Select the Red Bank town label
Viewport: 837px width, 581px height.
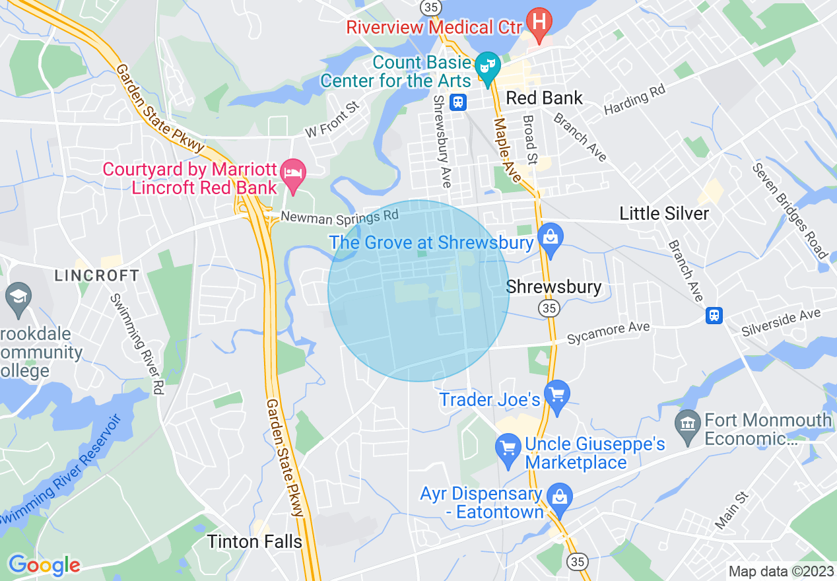click(544, 98)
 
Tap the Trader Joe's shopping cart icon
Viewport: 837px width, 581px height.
click(557, 395)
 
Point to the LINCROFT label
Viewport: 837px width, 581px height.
click(97, 275)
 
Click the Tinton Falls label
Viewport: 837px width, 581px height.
click(254, 542)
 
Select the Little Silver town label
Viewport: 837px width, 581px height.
click(663, 213)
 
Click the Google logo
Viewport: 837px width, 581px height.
click(44, 565)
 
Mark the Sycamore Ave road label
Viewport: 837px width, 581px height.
click(609, 333)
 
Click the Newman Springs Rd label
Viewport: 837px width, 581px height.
click(339, 215)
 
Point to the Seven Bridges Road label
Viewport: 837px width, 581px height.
click(789, 210)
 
